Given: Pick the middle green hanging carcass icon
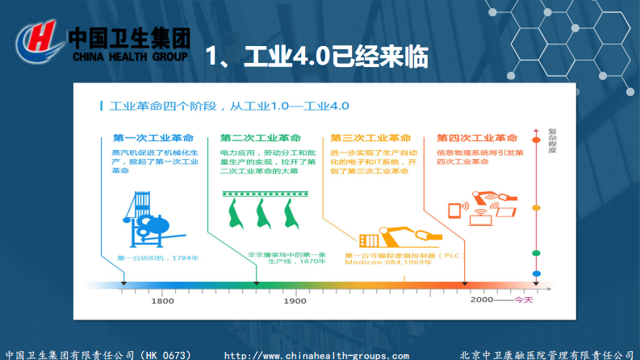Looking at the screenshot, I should click(x=262, y=215).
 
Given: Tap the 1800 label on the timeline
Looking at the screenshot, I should click(x=162, y=300).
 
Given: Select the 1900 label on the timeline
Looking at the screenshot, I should click(x=295, y=300).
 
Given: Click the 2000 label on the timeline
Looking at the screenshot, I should click(x=482, y=299).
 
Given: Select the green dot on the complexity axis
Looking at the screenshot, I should click(x=537, y=253).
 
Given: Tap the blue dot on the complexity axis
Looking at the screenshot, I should click(x=537, y=273).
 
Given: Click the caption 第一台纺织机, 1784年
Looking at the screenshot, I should click(x=158, y=257).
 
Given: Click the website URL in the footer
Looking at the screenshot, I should click(x=316, y=355).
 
